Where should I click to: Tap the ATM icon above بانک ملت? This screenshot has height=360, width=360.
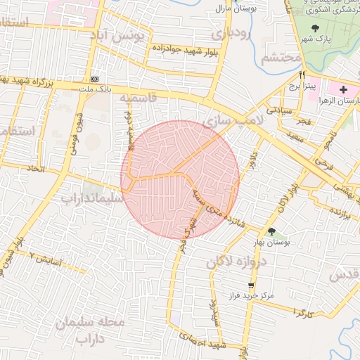pos(95,79)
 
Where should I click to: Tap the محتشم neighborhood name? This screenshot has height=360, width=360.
pos(281,58)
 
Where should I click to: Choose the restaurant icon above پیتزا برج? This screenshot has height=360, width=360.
pos(302,75)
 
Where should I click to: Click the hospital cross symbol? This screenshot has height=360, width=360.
pos(343,89)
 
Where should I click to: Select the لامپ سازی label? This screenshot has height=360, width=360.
pos(233,120)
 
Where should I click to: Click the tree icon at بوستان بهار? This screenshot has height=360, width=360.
pos(271,231)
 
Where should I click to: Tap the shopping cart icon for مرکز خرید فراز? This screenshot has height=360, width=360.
pos(251,285)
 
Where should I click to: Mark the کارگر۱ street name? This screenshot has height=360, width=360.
pos(301,309)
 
